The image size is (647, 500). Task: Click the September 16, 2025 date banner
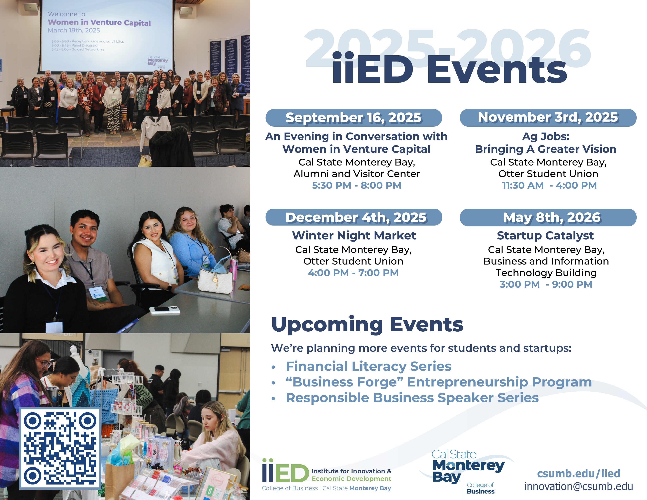click(x=353, y=118)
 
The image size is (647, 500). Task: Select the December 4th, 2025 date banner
click(x=353, y=217)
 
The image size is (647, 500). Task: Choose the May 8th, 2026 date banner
click(x=548, y=217)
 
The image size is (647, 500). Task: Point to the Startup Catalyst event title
click(x=545, y=235)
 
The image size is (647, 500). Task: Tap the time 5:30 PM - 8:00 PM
click(x=356, y=185)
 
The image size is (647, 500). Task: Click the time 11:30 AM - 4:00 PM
click(x=549, y=185)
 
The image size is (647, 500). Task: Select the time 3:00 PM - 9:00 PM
click(x=545, y=284)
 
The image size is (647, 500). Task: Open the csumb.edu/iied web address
click(x=578, y=473)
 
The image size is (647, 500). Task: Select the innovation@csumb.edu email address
click(x=578, y=486)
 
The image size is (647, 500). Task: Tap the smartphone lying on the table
click(x=164, y=310)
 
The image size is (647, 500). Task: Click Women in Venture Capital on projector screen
click(x=99, y=23)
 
